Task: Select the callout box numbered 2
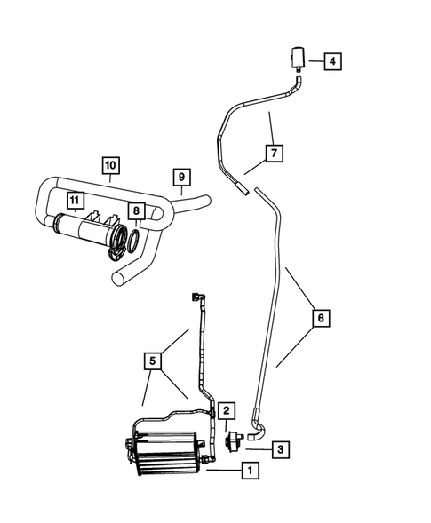tap(227, 409)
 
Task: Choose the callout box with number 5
tap(154, 361)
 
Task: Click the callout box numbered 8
tap(136, 211)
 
